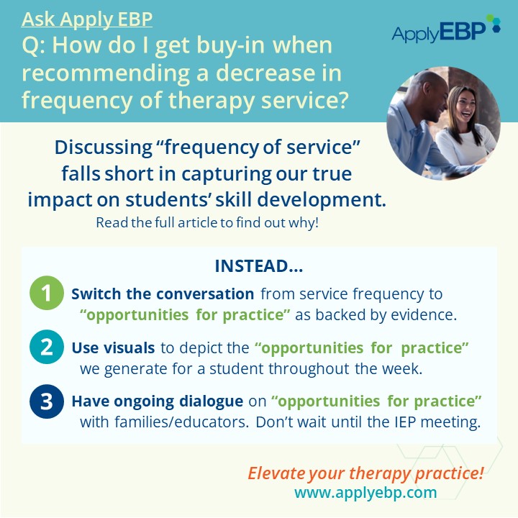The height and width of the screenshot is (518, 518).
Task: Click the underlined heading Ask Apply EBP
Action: click(87, 19)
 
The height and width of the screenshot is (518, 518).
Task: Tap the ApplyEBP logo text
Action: click(439, 32)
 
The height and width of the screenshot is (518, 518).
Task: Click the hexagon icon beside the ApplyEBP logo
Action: click(494, 23)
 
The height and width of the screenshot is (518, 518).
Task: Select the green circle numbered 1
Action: click(47, 293)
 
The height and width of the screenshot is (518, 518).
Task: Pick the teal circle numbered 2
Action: click(47, 347)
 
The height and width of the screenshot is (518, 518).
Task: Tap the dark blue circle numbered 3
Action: click(47, 401)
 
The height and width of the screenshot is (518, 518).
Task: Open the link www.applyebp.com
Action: click(365, 493)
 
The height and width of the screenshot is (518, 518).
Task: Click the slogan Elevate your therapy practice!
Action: click(365, 473)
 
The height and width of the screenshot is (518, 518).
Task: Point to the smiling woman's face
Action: click(463, 103)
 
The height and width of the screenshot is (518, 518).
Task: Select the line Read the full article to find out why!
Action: click(207, 222)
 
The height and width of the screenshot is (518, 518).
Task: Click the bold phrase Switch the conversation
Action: click(163, 294)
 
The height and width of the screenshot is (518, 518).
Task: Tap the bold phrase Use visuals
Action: click(113, 347)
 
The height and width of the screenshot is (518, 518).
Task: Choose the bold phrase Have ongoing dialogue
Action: click(158, 401)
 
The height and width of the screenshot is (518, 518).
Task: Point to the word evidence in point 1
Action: click(424, 315)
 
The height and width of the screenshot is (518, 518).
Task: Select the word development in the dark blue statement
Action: click(322, 200)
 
